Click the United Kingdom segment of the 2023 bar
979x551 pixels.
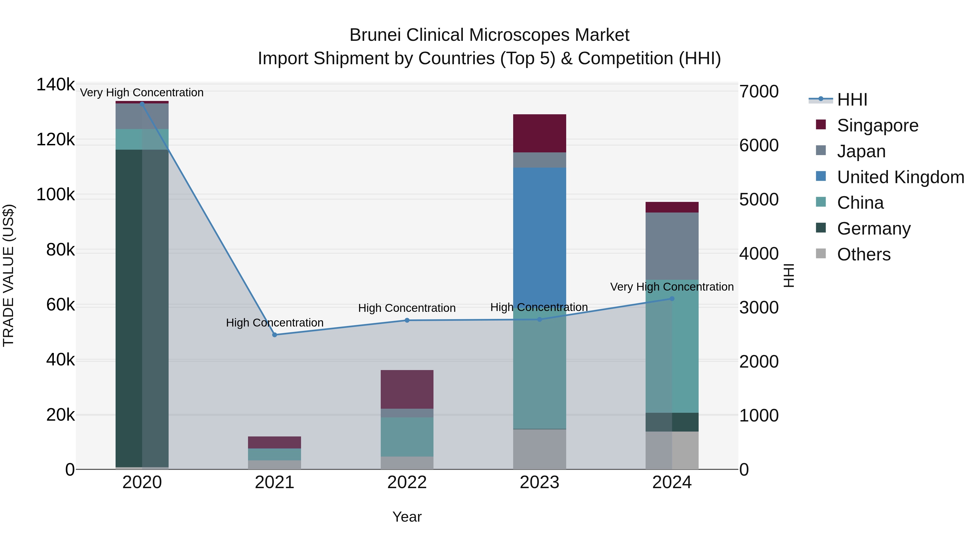[539, 236]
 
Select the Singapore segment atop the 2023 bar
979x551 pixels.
[539, 133]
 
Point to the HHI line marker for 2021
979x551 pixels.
[274, 335]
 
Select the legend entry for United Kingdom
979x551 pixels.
[900, 177]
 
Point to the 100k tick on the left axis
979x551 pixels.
[55, 195]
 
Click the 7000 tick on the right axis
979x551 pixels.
[758, 92]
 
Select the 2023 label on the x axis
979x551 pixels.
[539, 482]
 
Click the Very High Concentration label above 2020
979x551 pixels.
[142, 93]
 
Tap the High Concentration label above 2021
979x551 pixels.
[274, 322]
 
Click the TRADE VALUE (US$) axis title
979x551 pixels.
[8, 275]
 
